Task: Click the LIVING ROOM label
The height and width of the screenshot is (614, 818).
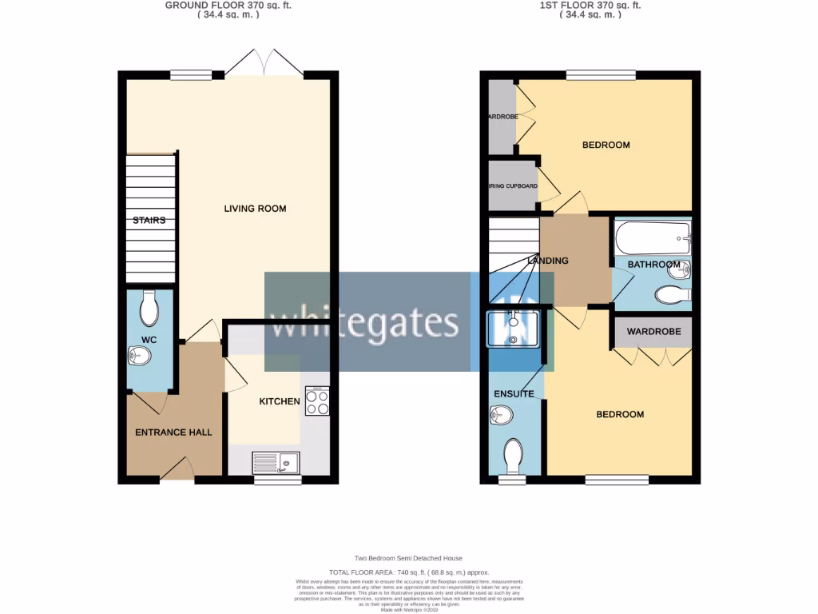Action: [255, 209]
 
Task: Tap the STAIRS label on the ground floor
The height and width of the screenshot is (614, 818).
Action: [149, 220]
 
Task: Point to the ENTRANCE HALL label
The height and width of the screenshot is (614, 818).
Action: [173, 433]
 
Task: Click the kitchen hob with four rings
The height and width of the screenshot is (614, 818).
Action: [317, 401]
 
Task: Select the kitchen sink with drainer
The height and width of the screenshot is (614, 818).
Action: [276, 462]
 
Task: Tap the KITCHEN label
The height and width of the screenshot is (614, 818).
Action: [279, 401]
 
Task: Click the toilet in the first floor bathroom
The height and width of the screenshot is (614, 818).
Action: [673, 296]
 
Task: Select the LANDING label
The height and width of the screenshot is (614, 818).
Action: [548, 261]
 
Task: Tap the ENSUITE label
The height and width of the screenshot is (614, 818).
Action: [514, 394]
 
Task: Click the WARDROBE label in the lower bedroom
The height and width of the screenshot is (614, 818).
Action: [653, 331]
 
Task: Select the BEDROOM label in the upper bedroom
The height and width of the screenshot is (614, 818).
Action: [606, 145]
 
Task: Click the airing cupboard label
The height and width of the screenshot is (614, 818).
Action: [513, 186]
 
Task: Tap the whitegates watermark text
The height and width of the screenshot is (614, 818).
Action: [365, 322]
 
